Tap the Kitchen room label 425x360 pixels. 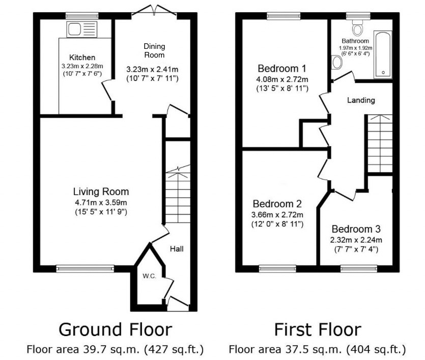82,57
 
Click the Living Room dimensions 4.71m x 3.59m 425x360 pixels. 100,202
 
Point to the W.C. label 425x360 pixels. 149,275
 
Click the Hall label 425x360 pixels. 177,248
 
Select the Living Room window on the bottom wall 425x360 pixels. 85,268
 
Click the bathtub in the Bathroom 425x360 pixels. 383,54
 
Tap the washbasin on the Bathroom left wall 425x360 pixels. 336,63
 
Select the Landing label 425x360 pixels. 361,100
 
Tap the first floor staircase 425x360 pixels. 379,144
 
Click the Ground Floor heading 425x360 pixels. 115,329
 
